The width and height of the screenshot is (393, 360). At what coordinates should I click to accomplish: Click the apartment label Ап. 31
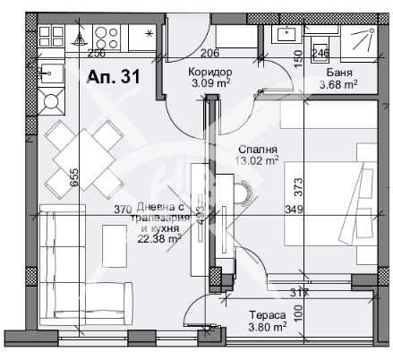[x=113, y=77]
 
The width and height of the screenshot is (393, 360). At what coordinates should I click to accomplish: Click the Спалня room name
[x=257, y=150]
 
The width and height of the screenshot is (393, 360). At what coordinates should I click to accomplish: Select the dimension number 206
[x=209, y=53]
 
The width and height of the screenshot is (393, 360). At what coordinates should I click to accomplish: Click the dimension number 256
[x=96, y=53]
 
